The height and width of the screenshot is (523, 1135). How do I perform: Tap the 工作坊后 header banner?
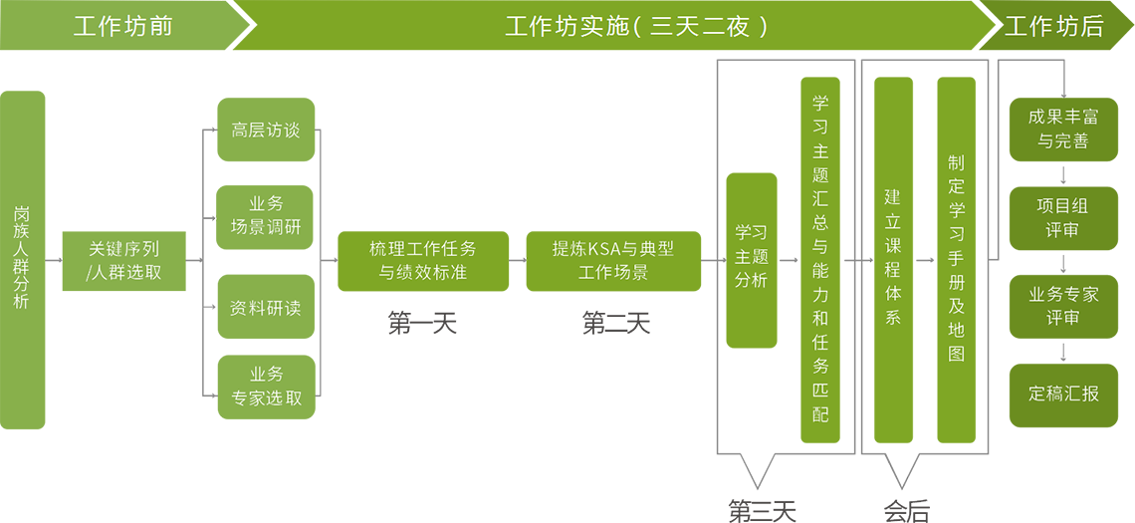click(1055, 26)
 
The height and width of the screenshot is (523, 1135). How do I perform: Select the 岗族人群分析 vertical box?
click(22, 260)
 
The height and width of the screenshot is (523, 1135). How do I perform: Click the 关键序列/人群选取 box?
click(124, 261)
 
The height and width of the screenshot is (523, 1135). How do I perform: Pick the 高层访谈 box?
click(266, 131)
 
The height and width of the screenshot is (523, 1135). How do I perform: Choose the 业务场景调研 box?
click(266, 217)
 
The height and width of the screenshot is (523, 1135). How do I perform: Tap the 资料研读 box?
click(266, 307)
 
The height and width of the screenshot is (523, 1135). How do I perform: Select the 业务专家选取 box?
click(266, 387)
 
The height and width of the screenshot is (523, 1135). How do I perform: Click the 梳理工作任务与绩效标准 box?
click(423, 261)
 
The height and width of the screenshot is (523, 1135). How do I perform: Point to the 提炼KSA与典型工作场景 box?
click(613, 261)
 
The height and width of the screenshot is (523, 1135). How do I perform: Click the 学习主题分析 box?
click(752, 260)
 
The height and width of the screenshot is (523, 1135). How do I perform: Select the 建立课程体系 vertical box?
click(893, 260)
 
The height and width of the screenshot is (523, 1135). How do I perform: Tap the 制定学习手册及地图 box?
click(956, 260)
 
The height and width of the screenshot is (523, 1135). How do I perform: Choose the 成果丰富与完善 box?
click(1063, 130)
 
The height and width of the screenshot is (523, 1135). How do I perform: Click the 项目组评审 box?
click(1063, 218)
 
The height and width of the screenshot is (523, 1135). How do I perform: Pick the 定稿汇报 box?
click(1063, 394)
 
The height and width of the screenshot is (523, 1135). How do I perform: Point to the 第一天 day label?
click(422, 323)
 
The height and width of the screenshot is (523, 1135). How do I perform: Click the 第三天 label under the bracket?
click(762, 509)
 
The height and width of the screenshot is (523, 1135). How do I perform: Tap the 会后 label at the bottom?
click(907, 510)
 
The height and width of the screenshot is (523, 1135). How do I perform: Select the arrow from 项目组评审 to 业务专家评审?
click(1063, 264)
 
